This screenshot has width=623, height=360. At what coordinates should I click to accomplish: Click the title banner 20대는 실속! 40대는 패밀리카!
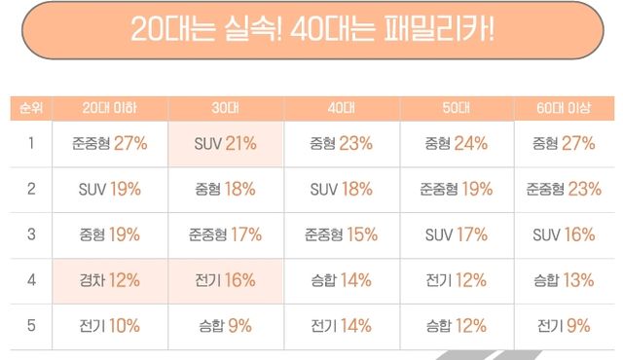[311, 28]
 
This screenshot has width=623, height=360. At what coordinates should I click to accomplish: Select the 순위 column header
[30, 106]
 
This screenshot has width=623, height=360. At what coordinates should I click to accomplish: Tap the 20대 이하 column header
[109, 106]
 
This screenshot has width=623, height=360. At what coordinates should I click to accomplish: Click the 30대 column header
[225, 106]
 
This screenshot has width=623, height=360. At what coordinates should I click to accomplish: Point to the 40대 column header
[341, 106]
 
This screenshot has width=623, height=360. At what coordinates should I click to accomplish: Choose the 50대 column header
[457, 106]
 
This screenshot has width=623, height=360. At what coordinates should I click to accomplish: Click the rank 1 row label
[30, 143]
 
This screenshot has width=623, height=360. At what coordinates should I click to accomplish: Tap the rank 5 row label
[30, 326]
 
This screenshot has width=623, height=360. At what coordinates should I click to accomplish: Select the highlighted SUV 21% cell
[225, 143]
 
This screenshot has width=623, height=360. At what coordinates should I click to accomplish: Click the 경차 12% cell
[109, 280]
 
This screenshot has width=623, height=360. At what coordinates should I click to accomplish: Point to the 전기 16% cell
[225, 280]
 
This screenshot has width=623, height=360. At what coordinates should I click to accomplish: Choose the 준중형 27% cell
[109, 143]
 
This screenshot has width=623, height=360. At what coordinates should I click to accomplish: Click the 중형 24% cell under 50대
[457, 143]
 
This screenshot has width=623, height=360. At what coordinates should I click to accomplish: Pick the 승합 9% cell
[225, 326]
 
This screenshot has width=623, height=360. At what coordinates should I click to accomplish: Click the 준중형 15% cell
[341, 234]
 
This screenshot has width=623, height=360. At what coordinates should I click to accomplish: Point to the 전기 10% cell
[109, 326]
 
